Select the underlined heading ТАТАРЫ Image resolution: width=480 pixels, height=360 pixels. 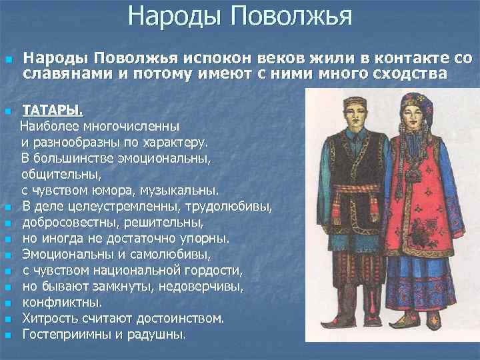tap(53, 109)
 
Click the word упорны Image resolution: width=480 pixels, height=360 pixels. tap(203, 237)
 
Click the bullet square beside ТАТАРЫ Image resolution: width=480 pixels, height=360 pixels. tap(8, 110)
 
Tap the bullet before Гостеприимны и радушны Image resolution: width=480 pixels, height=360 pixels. tap(8, 335)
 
